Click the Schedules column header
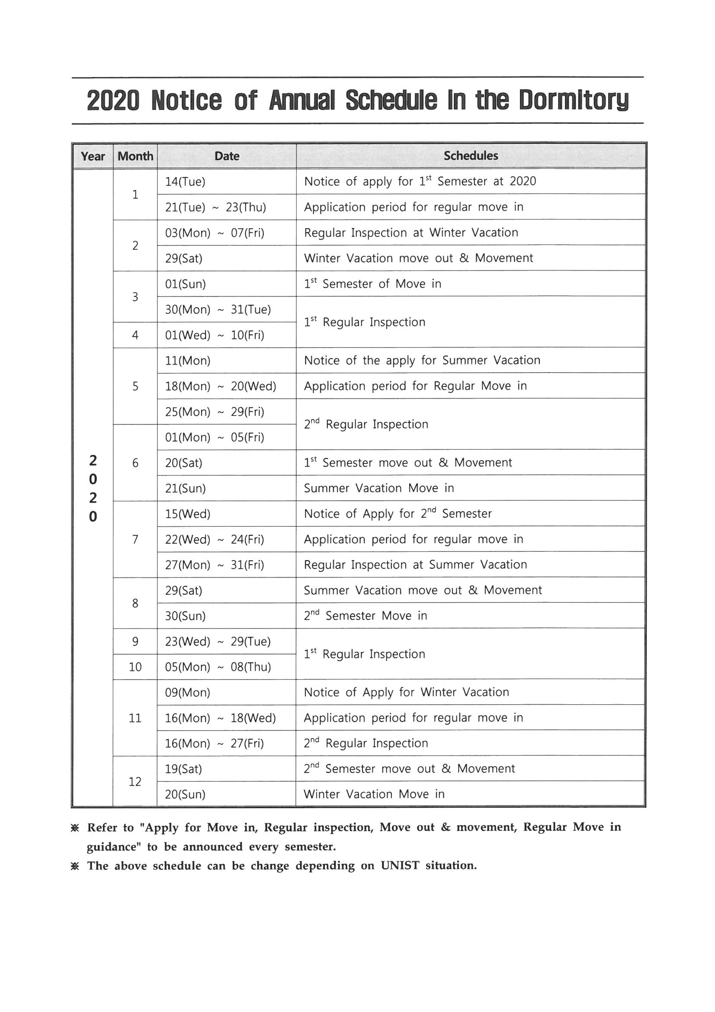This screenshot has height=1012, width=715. (x=471, y=155)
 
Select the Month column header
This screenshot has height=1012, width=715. (x=135, y=156)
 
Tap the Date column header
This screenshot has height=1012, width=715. (x=227, y=156)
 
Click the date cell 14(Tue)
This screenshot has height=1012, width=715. (x=185, y=182)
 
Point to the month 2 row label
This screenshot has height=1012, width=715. (x=135, y=245)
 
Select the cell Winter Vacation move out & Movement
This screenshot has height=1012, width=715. (x=418, y=258)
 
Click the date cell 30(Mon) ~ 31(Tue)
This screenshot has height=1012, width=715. (x=218, y=309)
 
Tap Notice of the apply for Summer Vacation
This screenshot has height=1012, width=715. (x=422, y=361)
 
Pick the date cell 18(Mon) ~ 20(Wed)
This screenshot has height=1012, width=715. (x=220, y=386)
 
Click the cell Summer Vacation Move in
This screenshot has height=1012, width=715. (x=378, y=488)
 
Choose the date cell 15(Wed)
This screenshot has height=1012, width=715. (x=188, y=514)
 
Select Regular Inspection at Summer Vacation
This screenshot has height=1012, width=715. (x=415, y=564)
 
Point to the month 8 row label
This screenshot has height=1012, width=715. (x=135, y=603)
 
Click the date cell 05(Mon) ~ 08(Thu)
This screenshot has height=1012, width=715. (x=218, y=667)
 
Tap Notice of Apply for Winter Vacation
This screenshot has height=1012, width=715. (x=406, y=692)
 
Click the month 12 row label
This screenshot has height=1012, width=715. (x=135, y=781)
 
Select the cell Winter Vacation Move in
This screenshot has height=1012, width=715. (x=374, y=794)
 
